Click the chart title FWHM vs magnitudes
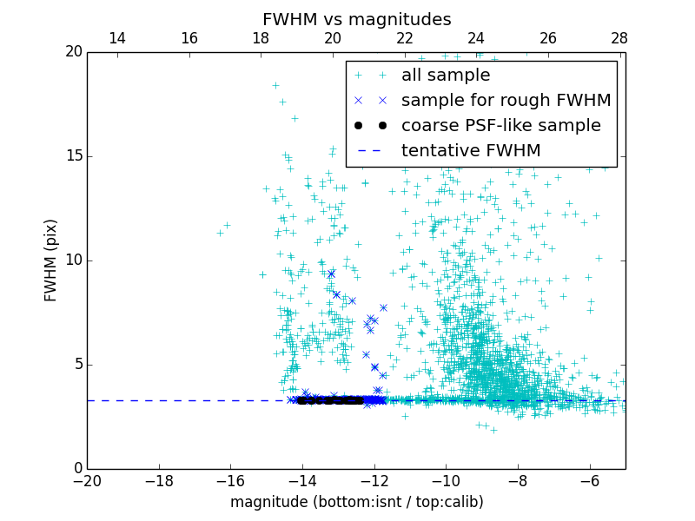click(x=356, y=19)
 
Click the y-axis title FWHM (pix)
click(x=51, y=260)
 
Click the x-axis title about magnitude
click(x=356, y=502)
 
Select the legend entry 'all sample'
click(x=445, y=76)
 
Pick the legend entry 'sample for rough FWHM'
click(x=506, y=101)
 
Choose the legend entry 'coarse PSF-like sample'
click(x=500, y=126)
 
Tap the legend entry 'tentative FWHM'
click(x=470, y=151)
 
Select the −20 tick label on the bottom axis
click(x=87, y=480)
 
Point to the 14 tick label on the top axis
click(x=116, y=38)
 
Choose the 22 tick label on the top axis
click(x=404, y=38)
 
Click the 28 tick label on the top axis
click(x=619, y=38)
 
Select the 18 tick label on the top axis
click(x=261, y=38)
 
